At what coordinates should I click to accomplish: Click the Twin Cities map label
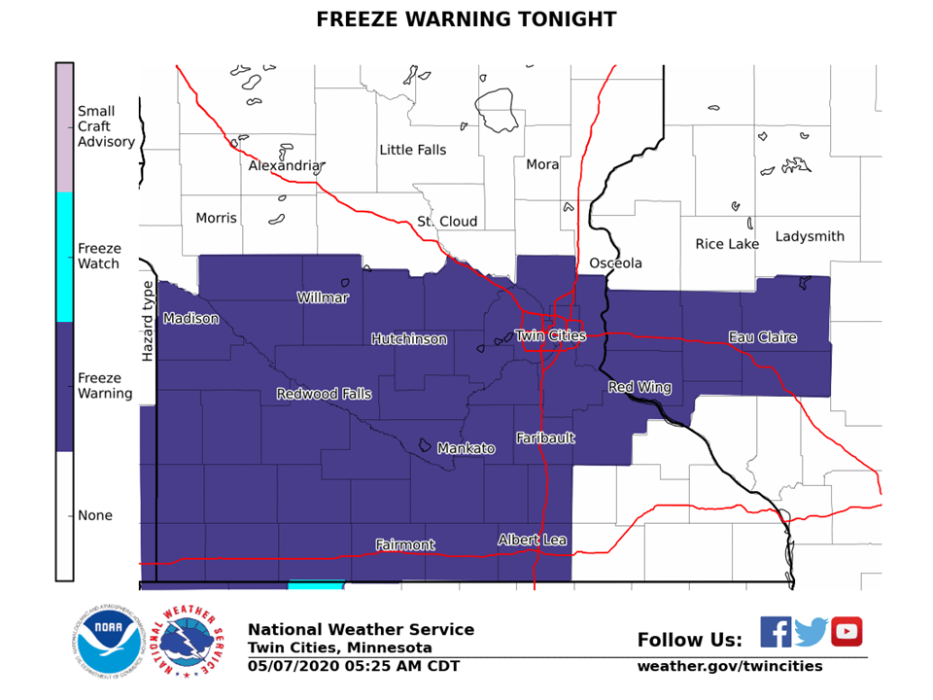click(550, 335)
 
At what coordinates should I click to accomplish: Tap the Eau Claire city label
click(763, 337)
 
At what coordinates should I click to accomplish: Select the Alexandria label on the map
click(285, 166)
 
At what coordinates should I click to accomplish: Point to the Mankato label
click(466, 448)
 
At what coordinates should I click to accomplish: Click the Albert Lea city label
click(532, 540)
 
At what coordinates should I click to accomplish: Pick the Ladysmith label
click(810, 236)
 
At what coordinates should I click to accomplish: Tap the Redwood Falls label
click(324, 394)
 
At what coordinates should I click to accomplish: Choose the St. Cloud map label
click(447, 222)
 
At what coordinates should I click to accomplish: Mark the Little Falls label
click(413, 150)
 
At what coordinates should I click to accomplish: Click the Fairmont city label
click(405, 545)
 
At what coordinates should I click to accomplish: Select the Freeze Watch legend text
click(99, 256)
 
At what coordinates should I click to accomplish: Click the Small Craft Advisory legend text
click(106, 126)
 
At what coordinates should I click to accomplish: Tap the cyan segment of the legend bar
click(64, 257)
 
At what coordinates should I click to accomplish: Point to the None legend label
click(95, 515)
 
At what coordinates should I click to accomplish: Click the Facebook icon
click(776, 632)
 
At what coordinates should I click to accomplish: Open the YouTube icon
click(847, 632)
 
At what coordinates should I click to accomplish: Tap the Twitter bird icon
click(811, 632)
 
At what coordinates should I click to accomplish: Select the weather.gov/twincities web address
click(729, 666)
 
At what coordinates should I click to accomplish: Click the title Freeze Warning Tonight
click(466, 19)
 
